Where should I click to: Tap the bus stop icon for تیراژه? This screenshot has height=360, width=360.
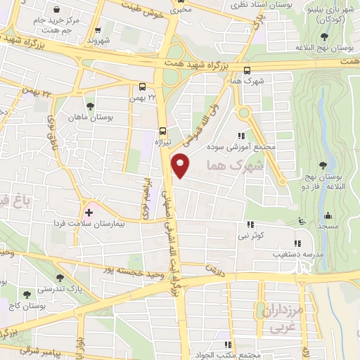point(163,131)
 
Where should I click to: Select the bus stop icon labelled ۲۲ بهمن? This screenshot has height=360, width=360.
point(143,87)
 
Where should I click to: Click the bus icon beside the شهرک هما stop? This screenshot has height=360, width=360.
point(246,70)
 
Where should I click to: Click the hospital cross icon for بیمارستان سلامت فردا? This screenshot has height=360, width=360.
point(89,212)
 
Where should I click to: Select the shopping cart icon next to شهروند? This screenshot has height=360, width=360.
point(98,30)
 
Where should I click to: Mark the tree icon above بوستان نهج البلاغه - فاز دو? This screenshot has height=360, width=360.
point(323,166)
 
